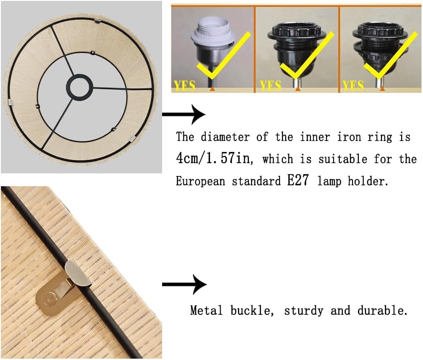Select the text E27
point(298,180)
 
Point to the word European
point(200,181)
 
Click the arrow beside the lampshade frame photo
point(183,114)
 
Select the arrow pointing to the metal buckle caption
point(184,284)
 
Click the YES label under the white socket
point(185,86)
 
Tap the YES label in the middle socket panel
point(271,86)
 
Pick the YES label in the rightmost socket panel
point(353,86)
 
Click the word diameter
point(225,137)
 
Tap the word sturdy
point(304,311)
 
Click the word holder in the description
point(368,181)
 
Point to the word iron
point(349,137)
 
